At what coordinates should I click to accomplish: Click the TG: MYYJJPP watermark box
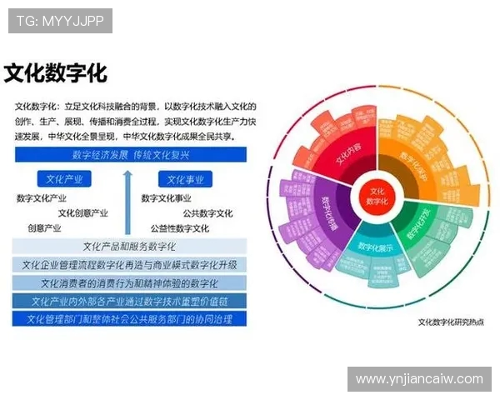click(x=60, y=21)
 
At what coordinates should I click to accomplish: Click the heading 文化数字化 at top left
click(x=56, y=73)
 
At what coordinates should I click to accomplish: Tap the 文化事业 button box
click(x=185, y=179)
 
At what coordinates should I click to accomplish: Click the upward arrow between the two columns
click(x=127, y=200)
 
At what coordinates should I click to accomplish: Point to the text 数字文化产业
click(x=42, y=198)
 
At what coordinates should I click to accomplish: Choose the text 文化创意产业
click(x=82, y=213)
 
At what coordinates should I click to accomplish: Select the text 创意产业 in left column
click(x=44, y=228)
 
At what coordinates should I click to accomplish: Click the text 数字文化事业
click(x=166, y=198)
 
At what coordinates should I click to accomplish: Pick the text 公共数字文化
click(x=207, y=213)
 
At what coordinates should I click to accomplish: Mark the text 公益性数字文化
click(x=180, y=228)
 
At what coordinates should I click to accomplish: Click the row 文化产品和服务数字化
click(x=129, y=247)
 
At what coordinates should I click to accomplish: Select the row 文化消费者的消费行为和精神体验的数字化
click(x=129, y=283)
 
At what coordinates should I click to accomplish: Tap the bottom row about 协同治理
click(x=129, y=319)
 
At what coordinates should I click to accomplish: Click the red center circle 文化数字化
click(x=379, y=197)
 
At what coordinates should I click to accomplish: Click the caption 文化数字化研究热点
click(x=450, y=322)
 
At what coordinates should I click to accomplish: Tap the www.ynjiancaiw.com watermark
click(x=419, y=379)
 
